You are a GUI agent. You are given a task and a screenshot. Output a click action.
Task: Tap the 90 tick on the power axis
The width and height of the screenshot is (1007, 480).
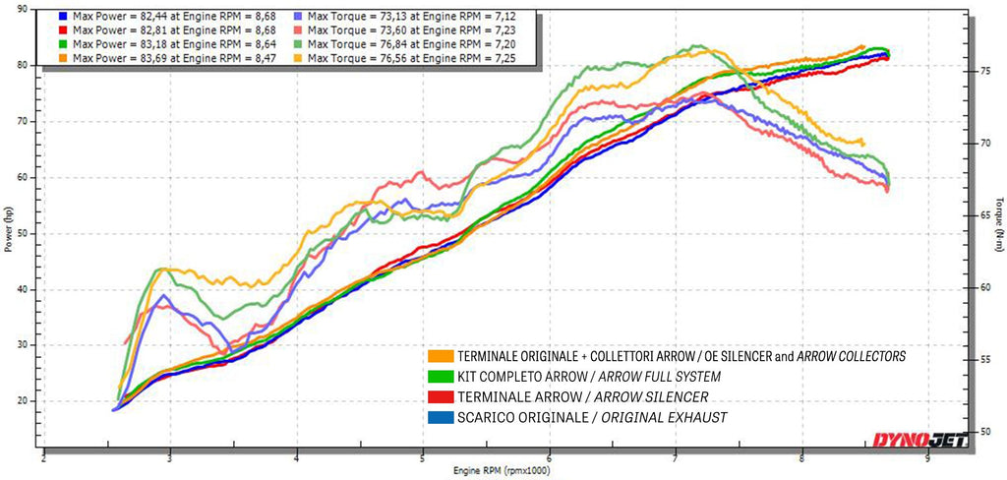pos(23,9)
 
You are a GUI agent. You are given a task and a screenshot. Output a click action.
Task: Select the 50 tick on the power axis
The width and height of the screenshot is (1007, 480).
pos(23,233)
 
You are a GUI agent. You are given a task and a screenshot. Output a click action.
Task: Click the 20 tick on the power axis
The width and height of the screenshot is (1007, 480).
pos(23,401)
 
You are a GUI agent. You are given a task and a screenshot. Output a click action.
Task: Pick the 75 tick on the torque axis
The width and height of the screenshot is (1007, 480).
pos(978,72)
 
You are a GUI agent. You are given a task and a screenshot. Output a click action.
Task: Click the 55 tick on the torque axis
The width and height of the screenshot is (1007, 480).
pos(978,360)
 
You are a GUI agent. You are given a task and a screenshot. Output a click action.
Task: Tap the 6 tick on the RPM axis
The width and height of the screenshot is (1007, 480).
pos(549,458)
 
